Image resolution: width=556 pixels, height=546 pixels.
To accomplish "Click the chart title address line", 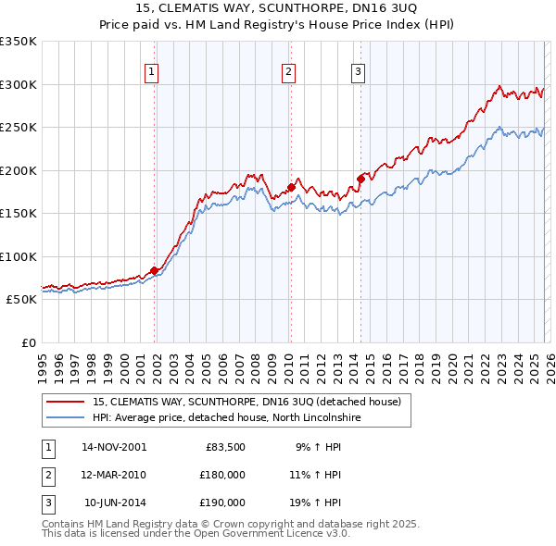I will (x=278, y=9).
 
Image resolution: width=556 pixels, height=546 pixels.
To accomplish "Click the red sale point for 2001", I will (x=154, y=270).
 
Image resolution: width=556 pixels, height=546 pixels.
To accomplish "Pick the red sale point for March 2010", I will (x=290, y=187).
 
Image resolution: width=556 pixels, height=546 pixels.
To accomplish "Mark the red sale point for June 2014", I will (x=360, y=179).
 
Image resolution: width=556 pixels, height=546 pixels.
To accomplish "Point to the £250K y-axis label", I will (x=19, y=128).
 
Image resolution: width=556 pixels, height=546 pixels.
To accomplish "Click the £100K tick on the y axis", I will (x=19, y=256).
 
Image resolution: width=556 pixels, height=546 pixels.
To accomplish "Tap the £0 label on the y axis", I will (x=28, y=342).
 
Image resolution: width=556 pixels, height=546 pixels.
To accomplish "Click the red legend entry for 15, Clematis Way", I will (x=246, y=402).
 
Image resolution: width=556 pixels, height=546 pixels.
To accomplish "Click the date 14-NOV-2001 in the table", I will (x=114, y=447).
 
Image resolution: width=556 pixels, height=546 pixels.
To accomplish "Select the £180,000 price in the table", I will (x=222, y=475).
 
